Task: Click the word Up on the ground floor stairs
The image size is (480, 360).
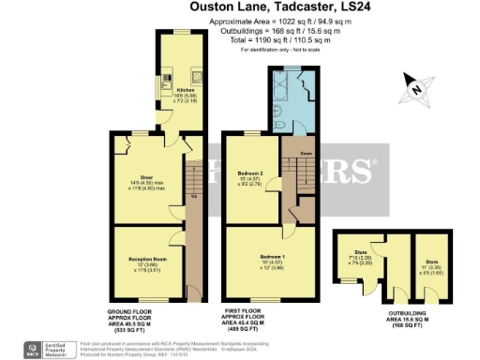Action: (193, 196)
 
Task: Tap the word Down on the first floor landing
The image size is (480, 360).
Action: (306, 152)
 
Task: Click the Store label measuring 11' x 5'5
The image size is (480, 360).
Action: (432, 252)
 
